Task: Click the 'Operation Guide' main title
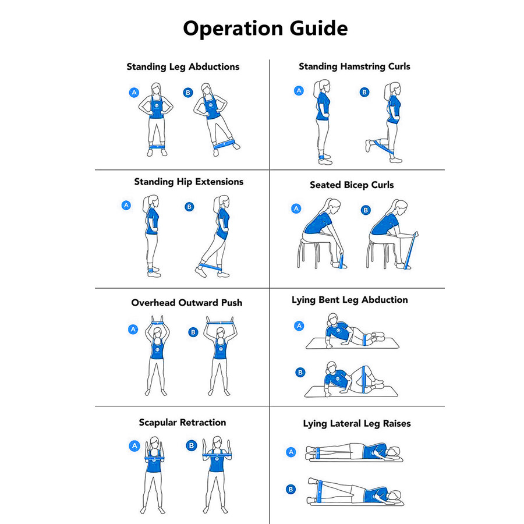[x=265, y=28]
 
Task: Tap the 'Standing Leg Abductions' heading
[x=183, y=67]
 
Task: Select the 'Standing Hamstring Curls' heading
[x=354, y=66]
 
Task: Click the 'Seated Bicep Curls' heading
[x=352, y=185]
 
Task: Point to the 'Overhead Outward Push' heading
[x=186, y=303]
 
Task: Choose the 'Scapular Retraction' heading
[x=182, y=423]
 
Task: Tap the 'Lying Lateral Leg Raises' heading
[x=356, y=424]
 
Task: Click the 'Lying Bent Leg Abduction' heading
[x=349, y=300]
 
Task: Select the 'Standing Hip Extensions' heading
[x=189, y=182]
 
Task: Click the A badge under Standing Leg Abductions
[x=134, y=92]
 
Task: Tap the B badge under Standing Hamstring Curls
[x=364, y=92]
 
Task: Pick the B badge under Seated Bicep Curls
[x=366, y=210]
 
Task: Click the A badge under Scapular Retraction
[x=134, y=446]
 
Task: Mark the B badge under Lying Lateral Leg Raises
[x=291, y=490]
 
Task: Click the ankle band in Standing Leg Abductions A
[x=156, y=147]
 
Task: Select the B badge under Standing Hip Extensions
[x=189, y=207]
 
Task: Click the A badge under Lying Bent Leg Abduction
[x=299, y=326]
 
